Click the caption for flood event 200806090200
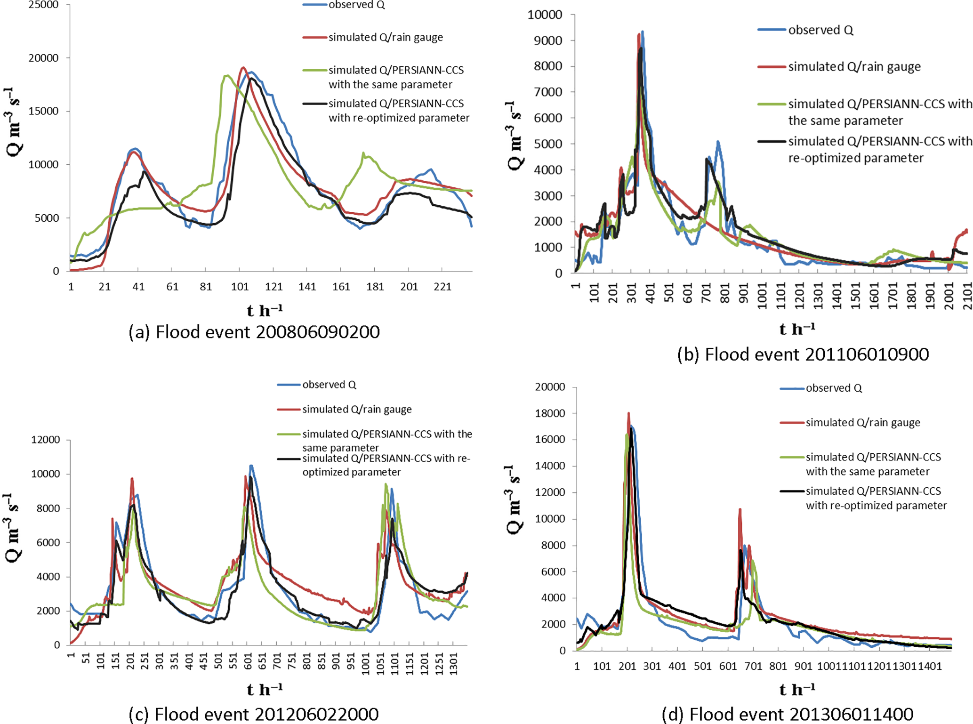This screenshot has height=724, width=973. (254, 332)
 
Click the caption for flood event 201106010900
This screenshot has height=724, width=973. (803, 354)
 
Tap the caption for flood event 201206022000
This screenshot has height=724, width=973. (253, 714)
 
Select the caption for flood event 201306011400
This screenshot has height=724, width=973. (788, 714)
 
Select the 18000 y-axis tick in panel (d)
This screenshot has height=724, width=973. (550, 413)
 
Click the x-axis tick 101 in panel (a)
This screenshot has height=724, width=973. (240, 287)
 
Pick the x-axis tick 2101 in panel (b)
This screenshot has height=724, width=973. (968, 296)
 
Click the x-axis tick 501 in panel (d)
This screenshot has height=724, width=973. (702, 666)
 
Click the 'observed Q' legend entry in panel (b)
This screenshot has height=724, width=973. (820, 30)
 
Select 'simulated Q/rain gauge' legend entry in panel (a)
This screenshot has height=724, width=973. (386, 37)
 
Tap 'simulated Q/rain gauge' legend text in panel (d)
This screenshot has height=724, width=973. (863, 423)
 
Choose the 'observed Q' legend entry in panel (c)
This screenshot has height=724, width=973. (329, 385)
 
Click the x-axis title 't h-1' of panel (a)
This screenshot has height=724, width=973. (265, 311)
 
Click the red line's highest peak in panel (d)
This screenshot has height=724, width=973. (628, 414)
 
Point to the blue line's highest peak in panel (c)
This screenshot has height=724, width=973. (251, 466)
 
